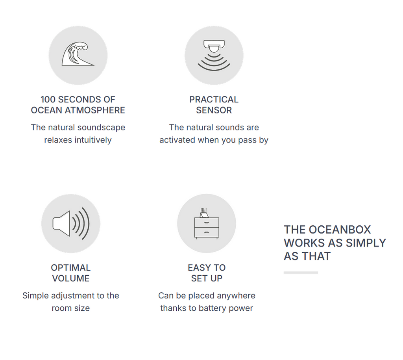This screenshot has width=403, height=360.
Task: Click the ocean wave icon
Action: (x=78, y=55)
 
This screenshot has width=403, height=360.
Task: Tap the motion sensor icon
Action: (x=214, y=55)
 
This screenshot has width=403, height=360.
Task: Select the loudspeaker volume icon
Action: (x=71, y=223)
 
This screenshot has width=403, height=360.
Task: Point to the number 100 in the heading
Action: (x=48, y=99)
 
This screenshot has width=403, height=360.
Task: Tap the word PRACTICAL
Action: (x=214, y=99)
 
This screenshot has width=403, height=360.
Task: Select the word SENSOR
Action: (x=214, y=110)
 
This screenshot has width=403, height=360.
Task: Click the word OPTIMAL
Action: (x=71, y=267)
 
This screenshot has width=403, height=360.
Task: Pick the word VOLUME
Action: (x=71, y=278)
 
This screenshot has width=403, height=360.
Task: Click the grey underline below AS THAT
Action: (x=301, y=272)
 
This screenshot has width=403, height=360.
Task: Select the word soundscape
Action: (x=101, y=128)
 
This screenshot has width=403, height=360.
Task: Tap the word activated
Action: (x=177, y=140)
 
